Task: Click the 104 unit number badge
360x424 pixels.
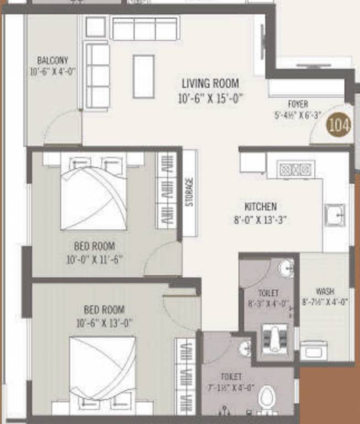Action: [x=338, y=125]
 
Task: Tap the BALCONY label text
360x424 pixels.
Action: [x=52, y=60]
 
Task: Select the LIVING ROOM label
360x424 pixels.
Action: [x=210, y=84]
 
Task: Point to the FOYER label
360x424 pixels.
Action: [x=298, y=104]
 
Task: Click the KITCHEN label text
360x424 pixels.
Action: [x=261, y=207]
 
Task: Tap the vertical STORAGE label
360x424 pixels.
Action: [x=190, y=192]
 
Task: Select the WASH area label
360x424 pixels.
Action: [x=325, y=291]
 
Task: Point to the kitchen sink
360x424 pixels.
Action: [x=335, y=215]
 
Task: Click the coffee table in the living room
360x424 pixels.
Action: [x=144, y=76]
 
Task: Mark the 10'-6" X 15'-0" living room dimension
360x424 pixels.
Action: [x=210, y=99]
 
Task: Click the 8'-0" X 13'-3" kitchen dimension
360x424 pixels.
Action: [x=261, y=219]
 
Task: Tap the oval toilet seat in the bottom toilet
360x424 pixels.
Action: [x=267, y=396]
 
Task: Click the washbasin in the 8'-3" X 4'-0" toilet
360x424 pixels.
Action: [x=287, y=269]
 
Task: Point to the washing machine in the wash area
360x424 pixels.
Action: [x=314, y=350]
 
